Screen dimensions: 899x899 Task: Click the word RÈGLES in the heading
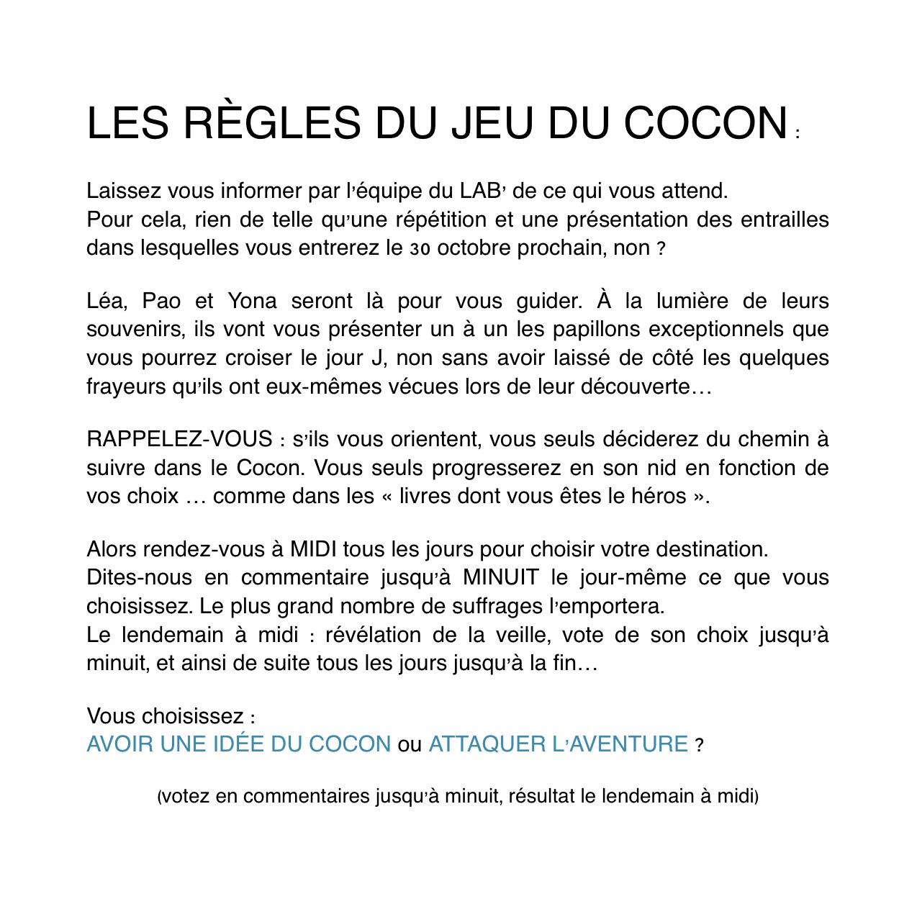point(271,123)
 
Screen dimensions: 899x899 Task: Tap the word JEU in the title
point(494,123)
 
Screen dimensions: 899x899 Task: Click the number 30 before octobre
point(420,249)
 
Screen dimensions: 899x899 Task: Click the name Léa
point(107,301)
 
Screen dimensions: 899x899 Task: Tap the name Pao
point(161,301)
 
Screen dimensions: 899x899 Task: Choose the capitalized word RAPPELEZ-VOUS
point(179,439)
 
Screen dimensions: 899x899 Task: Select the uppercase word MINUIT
point(501,578)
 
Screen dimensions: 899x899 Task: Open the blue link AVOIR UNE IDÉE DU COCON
point(239,744)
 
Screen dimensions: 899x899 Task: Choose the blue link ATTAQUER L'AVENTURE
point(559,744)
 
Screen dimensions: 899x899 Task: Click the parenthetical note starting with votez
point(458,797)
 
